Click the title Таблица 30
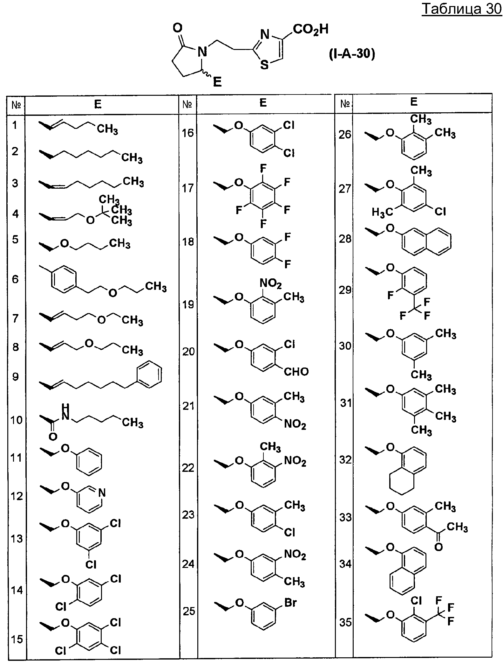pyautogui.click(x=462, y=9)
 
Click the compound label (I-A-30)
pyautogui.click(x=352, y=54)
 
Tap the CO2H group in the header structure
pyautogui.click(x=310, y=30)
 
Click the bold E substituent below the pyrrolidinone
pyautogui.click(x=217, y=82)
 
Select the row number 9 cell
pyautogui.click(x=15, y=377)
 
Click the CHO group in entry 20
pyautogui.click(x=296, y=371)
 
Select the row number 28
pyautogui.click(x=345, y=239)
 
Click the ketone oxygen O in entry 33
pyautogui.click(x=438, y=547)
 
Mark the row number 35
pyautogui.click(x=345, y=622)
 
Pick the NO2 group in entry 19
pyautogui.click(x=271, y=283)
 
